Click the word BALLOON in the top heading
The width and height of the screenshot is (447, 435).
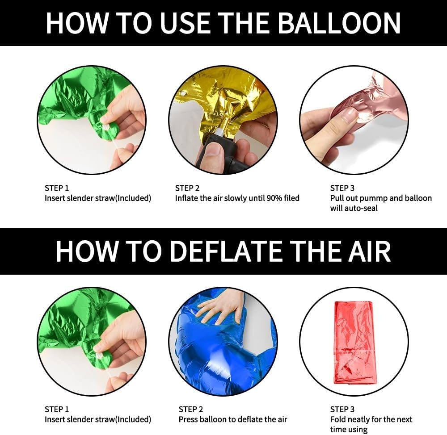pos(339,23)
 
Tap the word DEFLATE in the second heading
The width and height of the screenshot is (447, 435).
pos(227,251)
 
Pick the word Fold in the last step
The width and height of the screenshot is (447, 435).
pos(337,419)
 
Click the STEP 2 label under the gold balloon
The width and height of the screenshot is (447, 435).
pos(187,188)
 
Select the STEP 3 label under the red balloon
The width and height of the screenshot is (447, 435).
pos(342,410)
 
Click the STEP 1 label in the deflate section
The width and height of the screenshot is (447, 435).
pos(57,410)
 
